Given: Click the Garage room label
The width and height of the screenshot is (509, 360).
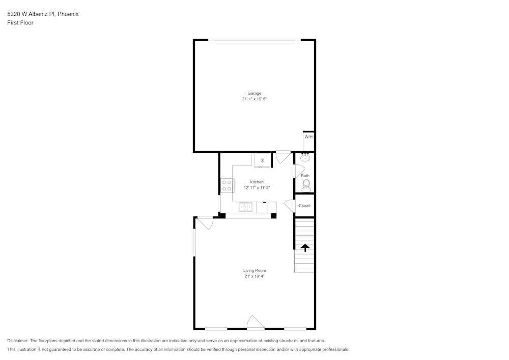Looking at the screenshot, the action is [254, 93].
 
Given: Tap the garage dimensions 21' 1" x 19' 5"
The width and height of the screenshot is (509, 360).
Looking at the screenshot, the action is [254, 99].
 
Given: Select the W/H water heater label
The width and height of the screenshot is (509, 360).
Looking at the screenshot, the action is [308, 137].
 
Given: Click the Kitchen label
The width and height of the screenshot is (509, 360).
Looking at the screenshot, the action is [257, 182].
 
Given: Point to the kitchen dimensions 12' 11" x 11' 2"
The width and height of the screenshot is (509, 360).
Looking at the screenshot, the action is [257, 187].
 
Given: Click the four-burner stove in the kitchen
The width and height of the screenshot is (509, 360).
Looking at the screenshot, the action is [227, 185].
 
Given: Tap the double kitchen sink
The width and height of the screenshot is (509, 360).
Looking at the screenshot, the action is [245, 207].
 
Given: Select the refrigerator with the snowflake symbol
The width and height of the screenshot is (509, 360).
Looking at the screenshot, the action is [262, 160].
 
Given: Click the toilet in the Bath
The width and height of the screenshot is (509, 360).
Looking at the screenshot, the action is [306, 186].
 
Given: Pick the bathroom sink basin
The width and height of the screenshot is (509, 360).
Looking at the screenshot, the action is [305, 158].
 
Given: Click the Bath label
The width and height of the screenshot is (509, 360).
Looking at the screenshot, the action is [305, 176].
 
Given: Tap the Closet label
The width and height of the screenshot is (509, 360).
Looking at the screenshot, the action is [304, 206].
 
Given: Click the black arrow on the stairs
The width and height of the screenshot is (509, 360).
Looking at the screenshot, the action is [305, 247].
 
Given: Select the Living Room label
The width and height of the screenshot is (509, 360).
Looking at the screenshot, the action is [254, 270].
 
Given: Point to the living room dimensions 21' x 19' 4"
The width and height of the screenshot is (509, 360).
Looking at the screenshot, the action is [254, 276].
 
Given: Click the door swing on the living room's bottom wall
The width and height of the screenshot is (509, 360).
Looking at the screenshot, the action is [256, 322].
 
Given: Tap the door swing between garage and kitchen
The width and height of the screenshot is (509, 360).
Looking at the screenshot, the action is [283, 157].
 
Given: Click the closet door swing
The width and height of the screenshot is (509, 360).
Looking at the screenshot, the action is [290, 206].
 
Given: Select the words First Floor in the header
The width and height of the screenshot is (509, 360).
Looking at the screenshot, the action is [20, 23].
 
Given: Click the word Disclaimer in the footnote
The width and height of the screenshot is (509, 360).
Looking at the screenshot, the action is [17, 341].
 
